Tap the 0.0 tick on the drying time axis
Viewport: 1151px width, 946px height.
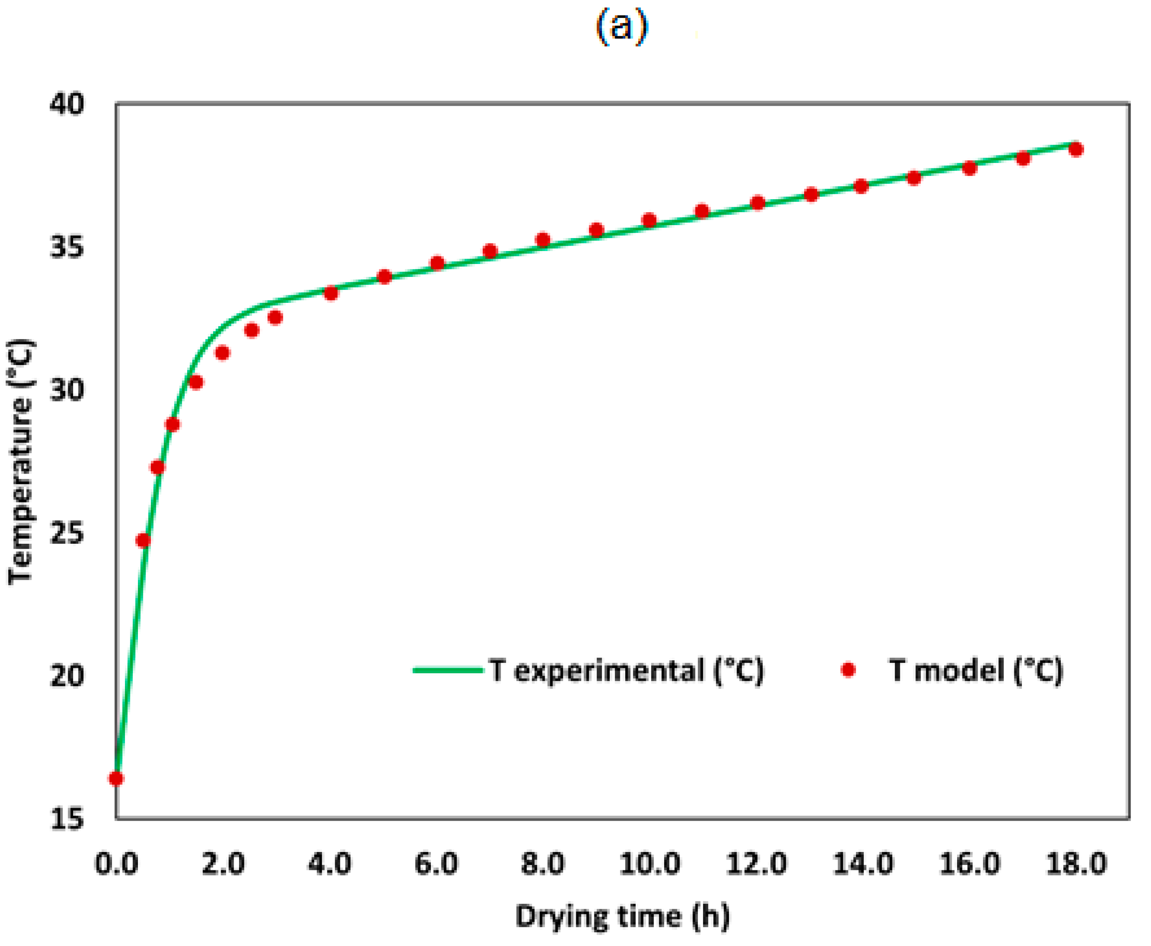(x=116, y=864)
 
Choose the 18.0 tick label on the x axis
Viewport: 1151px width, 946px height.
(x=1076, y=864)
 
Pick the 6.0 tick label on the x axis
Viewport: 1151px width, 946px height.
(x=436, y=864)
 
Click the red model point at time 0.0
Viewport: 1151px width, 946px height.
(x=116, y=778)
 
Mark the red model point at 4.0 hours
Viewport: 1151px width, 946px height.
(x=331, y=293)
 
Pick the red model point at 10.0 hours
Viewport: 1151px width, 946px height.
(x=649, y=220)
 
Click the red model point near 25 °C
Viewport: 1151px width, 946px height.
(x=143, y=540)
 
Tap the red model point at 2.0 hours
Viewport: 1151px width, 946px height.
(x=222, y=353)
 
